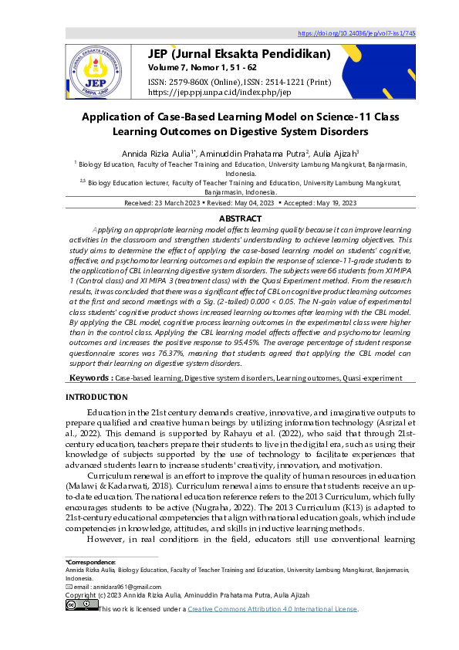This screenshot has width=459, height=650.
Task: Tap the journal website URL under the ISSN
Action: click(219, 92)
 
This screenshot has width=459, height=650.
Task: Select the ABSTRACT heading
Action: click(229, 219)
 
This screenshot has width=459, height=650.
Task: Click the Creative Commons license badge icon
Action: click(80, 608)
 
